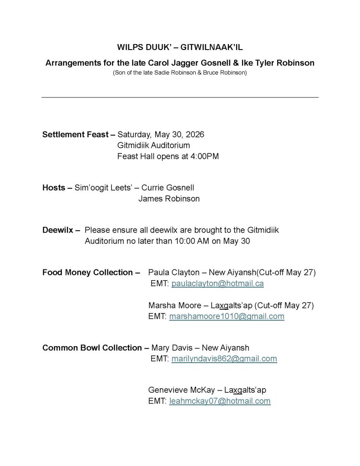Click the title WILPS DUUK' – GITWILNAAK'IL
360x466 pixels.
[x=180, y=47]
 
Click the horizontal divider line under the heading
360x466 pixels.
[x=180, y=97]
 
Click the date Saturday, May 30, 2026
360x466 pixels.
[x=161, y=135]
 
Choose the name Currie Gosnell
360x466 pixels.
[x=170, y=187]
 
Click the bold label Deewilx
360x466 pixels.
[x=58, y=230]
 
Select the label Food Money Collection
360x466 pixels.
[x=87, y=273]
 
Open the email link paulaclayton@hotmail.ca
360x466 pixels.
[x=218, y=284]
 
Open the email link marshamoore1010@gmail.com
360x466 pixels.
[x=227, y=316]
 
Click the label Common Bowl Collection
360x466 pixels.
[x=92, y=348]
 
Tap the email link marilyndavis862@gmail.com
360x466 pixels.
[x=224, y=359]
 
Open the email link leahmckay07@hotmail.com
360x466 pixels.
[x=220, y=401]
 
